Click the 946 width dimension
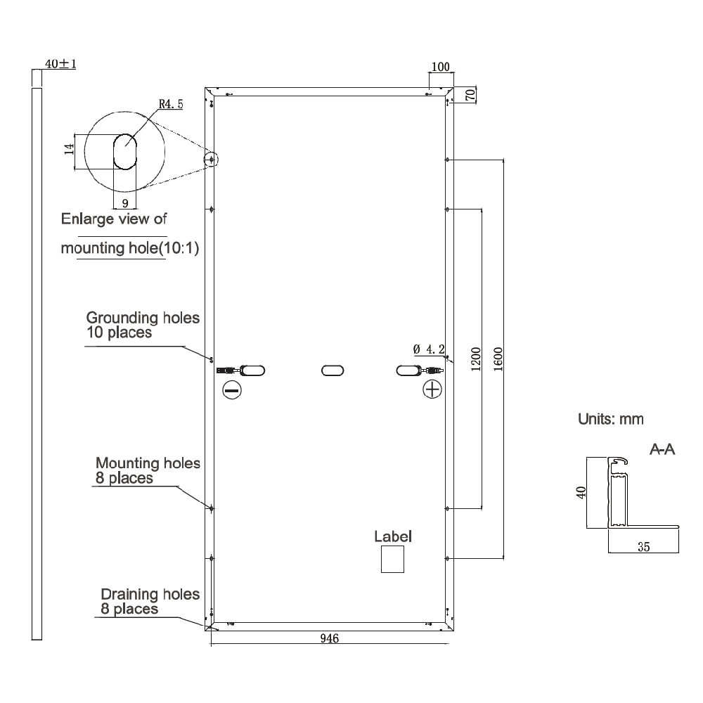click(330, 638)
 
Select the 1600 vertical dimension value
click(498, 359)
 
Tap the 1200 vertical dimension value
click(476, 359)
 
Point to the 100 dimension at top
click(440, 67)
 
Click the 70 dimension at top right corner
click(470, 95)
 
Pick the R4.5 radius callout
click(171, 104)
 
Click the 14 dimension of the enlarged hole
click(69, 149)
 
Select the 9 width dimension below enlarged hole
click(125, 204)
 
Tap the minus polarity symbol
click(232, 390)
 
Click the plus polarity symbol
click(432, 389)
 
